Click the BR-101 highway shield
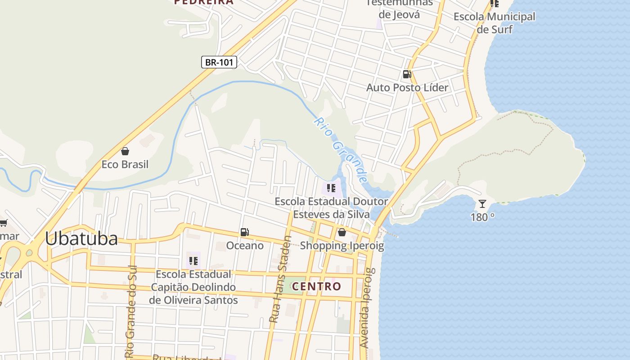coord(219,62)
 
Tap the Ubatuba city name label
coord(81,238)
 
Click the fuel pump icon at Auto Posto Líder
coord(407,74)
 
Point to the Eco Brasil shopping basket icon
coord(125,151)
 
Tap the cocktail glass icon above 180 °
coord(482,204)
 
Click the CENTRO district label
coord(316,286)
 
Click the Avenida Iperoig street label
coord(365,308)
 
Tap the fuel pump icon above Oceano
coord(245,232)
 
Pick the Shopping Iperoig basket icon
coord(342,232)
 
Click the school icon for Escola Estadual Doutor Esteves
coord(331,188)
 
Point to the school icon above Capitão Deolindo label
coord(193,261)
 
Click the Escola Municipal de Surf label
coord(495,23)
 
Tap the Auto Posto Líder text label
coord(407,87)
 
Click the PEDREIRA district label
coord(204,2)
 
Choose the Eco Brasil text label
coord(125,164)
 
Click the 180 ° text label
coord(482,217)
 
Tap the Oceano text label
coord(245,246)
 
